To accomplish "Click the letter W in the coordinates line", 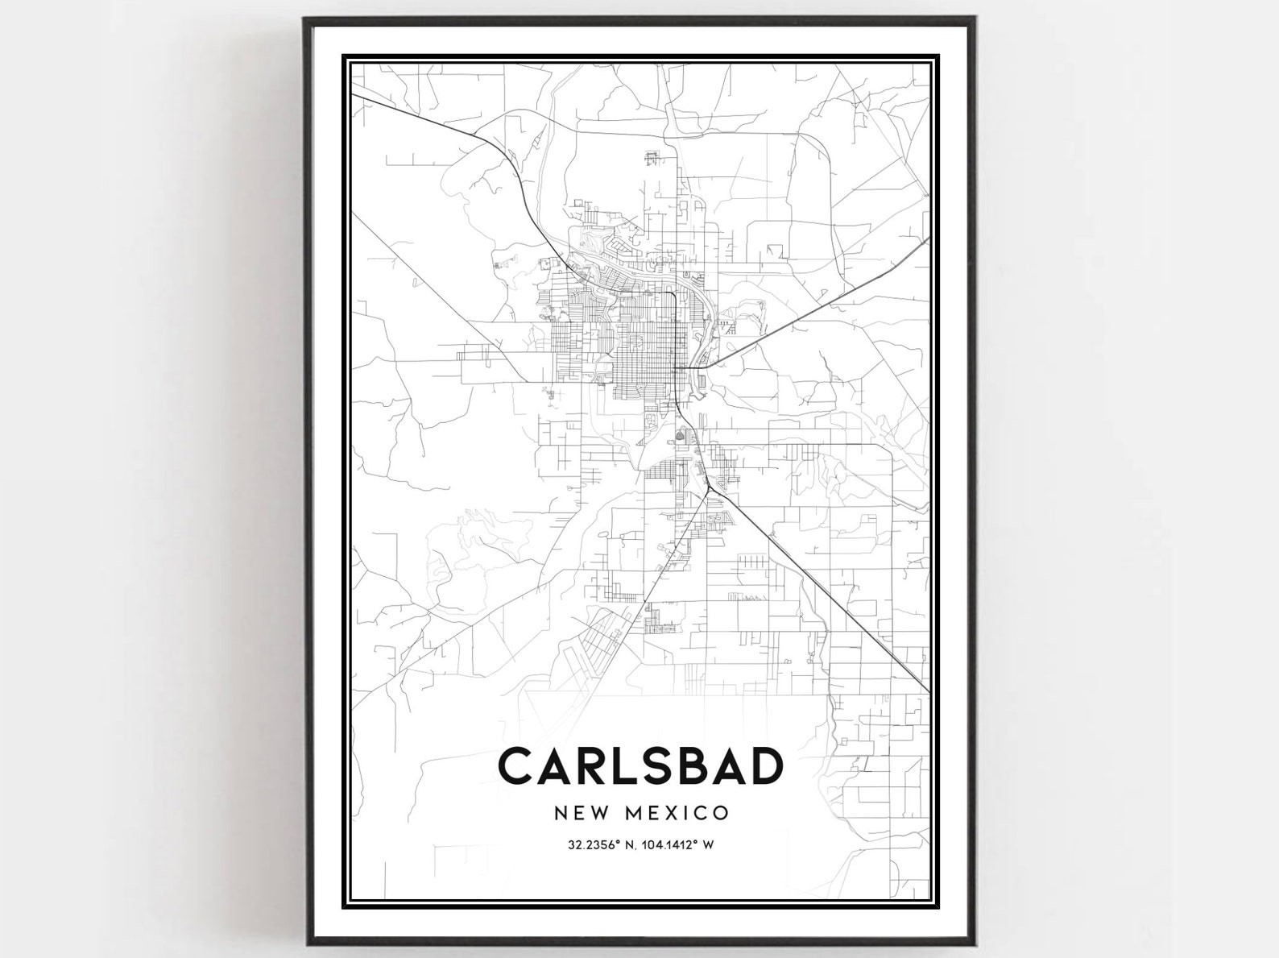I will [709, 846].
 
